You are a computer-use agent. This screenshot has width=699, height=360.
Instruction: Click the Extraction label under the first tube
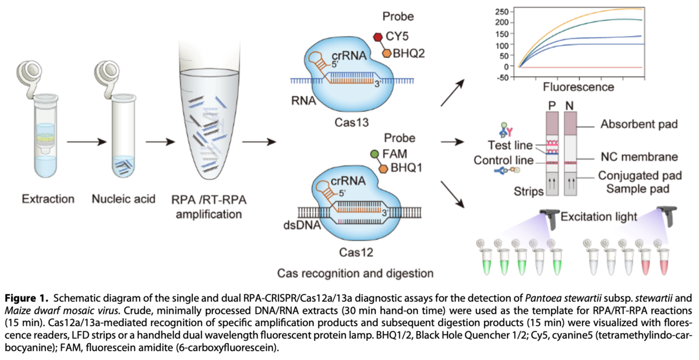48,199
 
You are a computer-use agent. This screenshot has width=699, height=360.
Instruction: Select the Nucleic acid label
123,199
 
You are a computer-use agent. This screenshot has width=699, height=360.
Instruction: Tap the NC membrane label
638,157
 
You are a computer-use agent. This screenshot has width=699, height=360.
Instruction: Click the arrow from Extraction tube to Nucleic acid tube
85,142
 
